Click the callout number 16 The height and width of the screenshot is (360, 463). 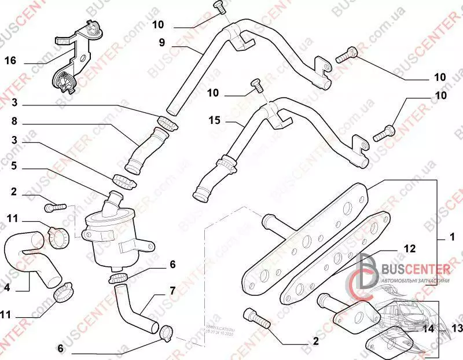10,60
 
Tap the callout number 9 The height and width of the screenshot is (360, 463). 163,42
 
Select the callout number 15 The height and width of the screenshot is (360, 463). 215,120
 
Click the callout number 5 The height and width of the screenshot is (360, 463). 15,165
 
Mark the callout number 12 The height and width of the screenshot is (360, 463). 410,249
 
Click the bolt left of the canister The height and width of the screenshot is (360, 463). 56,205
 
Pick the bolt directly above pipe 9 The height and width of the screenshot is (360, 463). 219,8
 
